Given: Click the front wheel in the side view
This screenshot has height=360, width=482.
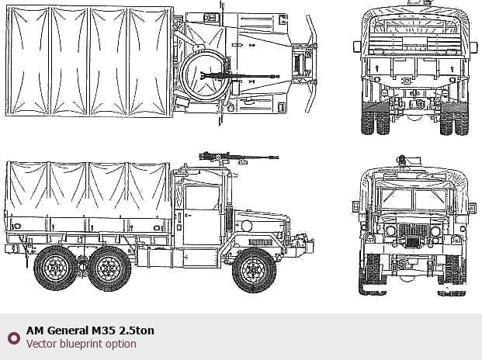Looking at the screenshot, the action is point(255,270).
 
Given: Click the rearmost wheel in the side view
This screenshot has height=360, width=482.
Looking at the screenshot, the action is point(56,268).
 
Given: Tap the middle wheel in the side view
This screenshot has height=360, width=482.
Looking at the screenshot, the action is point(109,268).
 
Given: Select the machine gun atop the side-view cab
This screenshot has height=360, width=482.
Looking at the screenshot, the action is point(238,157).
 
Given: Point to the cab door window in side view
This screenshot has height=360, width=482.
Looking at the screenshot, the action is point(202,198).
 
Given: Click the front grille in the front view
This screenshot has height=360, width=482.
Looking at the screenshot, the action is point(413,235).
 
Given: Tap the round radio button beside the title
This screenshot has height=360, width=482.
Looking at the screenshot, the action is point(14,337).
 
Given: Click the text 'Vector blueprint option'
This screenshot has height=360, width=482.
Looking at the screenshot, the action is point(81,344).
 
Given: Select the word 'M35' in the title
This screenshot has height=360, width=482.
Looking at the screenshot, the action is point(103,331).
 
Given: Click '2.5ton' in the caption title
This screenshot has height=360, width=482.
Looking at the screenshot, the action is point(137,331).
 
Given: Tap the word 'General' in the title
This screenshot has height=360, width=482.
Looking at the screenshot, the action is point(68,331).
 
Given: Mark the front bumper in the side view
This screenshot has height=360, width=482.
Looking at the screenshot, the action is point(303,246).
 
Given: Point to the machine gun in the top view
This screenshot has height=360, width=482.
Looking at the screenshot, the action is point(240,76).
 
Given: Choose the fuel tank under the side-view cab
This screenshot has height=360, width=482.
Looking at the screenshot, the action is point(154,258).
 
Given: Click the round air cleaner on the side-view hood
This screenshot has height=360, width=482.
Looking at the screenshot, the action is point(247,226).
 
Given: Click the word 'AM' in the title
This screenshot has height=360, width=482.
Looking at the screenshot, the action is point(36,331).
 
